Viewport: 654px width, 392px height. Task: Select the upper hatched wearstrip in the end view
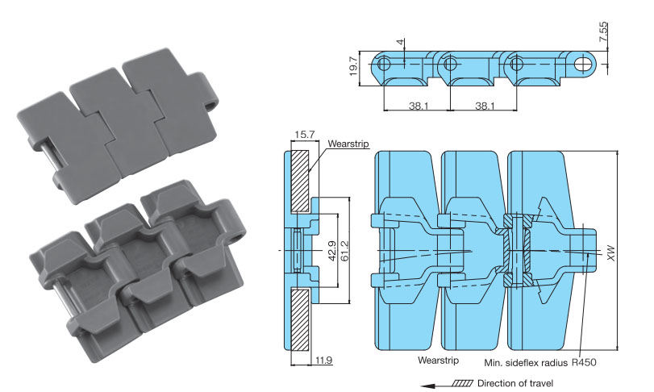pyautogui.click(x=299, y=181)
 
